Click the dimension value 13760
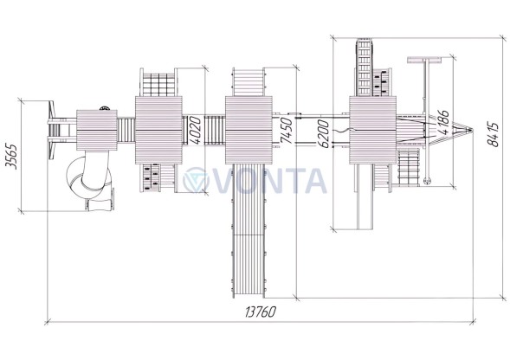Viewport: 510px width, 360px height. pos(261,312)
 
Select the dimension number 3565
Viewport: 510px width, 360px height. pos(11,156)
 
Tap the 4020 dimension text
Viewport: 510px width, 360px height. pos(196,130)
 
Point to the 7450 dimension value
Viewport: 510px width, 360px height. pos(287,131)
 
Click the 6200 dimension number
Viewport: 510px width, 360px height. pos(323,133)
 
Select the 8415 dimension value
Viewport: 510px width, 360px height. pos(493,135)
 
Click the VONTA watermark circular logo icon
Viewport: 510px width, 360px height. pos(195,180)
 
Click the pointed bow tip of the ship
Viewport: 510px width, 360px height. pos(472,130)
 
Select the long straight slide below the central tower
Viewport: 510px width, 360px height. pos(249,230)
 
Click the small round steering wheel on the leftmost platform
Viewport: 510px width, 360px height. pos(104,108)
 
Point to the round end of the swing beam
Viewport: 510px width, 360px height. pos(427,181)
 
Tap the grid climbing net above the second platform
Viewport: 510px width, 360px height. pos(158,84)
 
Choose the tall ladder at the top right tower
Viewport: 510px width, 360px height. pos(365,67)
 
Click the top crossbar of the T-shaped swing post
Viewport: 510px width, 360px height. pos(424,61)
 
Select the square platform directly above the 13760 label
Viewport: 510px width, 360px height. pos(249,130)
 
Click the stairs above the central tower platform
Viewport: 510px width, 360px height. pos(249,82)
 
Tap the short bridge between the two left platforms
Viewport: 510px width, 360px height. pos(126,130)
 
